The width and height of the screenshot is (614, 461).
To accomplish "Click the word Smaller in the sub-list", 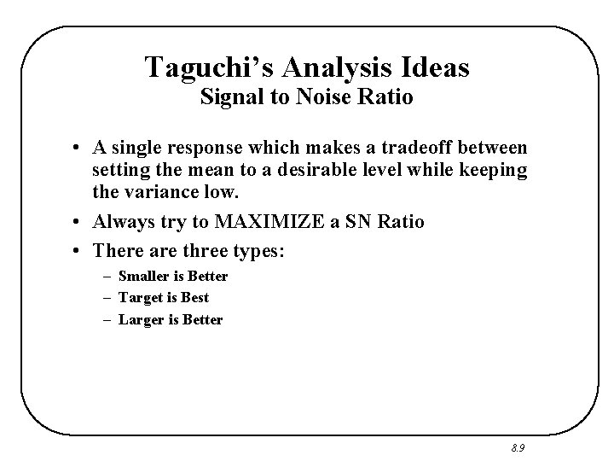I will [145, 277].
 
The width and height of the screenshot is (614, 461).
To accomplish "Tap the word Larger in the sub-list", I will [140, 320].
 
